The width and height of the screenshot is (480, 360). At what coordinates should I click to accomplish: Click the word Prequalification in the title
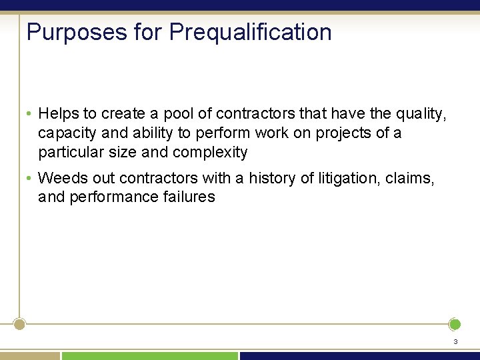coord(250,32)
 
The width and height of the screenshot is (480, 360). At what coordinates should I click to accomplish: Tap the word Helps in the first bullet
coord(59,114)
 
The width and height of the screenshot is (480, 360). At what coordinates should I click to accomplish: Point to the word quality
coord(418,114)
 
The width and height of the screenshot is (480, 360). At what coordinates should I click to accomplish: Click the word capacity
coord(65,133)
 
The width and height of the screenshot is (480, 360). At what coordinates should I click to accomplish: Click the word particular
coord(69,152)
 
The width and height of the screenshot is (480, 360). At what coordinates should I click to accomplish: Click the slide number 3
coord(455,342)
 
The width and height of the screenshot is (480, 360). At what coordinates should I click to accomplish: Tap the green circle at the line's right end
coord(455,325)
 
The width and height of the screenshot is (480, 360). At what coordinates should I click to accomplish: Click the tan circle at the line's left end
coord(20,325)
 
